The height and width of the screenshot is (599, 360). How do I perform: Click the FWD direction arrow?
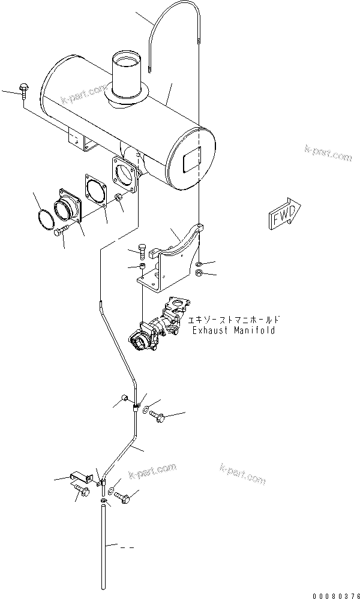[x=284, y=213]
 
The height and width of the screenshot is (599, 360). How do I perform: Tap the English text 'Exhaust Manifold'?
[x=233, y=330]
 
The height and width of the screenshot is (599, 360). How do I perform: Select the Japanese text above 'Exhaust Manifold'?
[x=236, y=320]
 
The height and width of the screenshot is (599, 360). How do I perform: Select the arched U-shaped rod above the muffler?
[x=174, y=30]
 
